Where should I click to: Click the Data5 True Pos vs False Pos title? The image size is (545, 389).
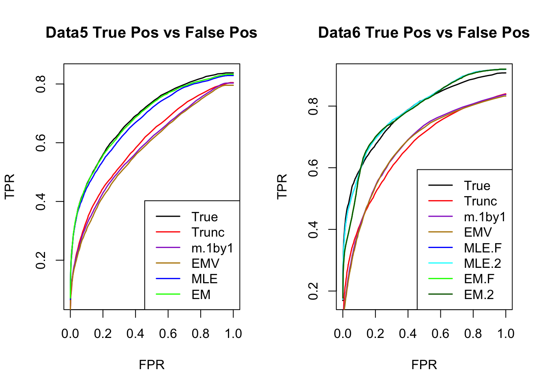[151, 32]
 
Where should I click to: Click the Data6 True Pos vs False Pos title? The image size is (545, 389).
[424, 32]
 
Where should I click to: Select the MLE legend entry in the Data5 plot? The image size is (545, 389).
[204, 279]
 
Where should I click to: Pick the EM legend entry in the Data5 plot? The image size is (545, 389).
[201, 295]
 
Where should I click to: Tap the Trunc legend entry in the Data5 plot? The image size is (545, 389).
[208, 232]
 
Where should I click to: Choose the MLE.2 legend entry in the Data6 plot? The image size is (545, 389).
[483, 263]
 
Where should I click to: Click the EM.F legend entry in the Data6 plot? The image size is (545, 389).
[479, 279]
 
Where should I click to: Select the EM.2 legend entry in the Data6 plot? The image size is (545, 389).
[479, 295]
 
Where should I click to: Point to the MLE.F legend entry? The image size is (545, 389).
[483, 248]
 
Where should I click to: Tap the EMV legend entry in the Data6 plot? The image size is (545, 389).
[478, 232]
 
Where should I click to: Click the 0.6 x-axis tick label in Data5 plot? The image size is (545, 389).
[168, 333]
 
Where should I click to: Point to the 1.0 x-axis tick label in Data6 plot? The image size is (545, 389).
[506, 333]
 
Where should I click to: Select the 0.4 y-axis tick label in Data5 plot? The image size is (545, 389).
[41, 201]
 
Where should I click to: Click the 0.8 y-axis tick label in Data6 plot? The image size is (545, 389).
[313, 106]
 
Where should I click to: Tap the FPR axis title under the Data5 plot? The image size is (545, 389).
[152, 365]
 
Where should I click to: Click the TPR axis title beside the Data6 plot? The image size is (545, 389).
[282, 186]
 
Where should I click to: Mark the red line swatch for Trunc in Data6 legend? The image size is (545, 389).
[440, 201]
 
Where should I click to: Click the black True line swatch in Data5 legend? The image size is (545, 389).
[168, 217]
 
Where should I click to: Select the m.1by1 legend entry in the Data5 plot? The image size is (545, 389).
[212, 248]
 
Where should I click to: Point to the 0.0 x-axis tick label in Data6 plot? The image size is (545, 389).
[343, 333]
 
